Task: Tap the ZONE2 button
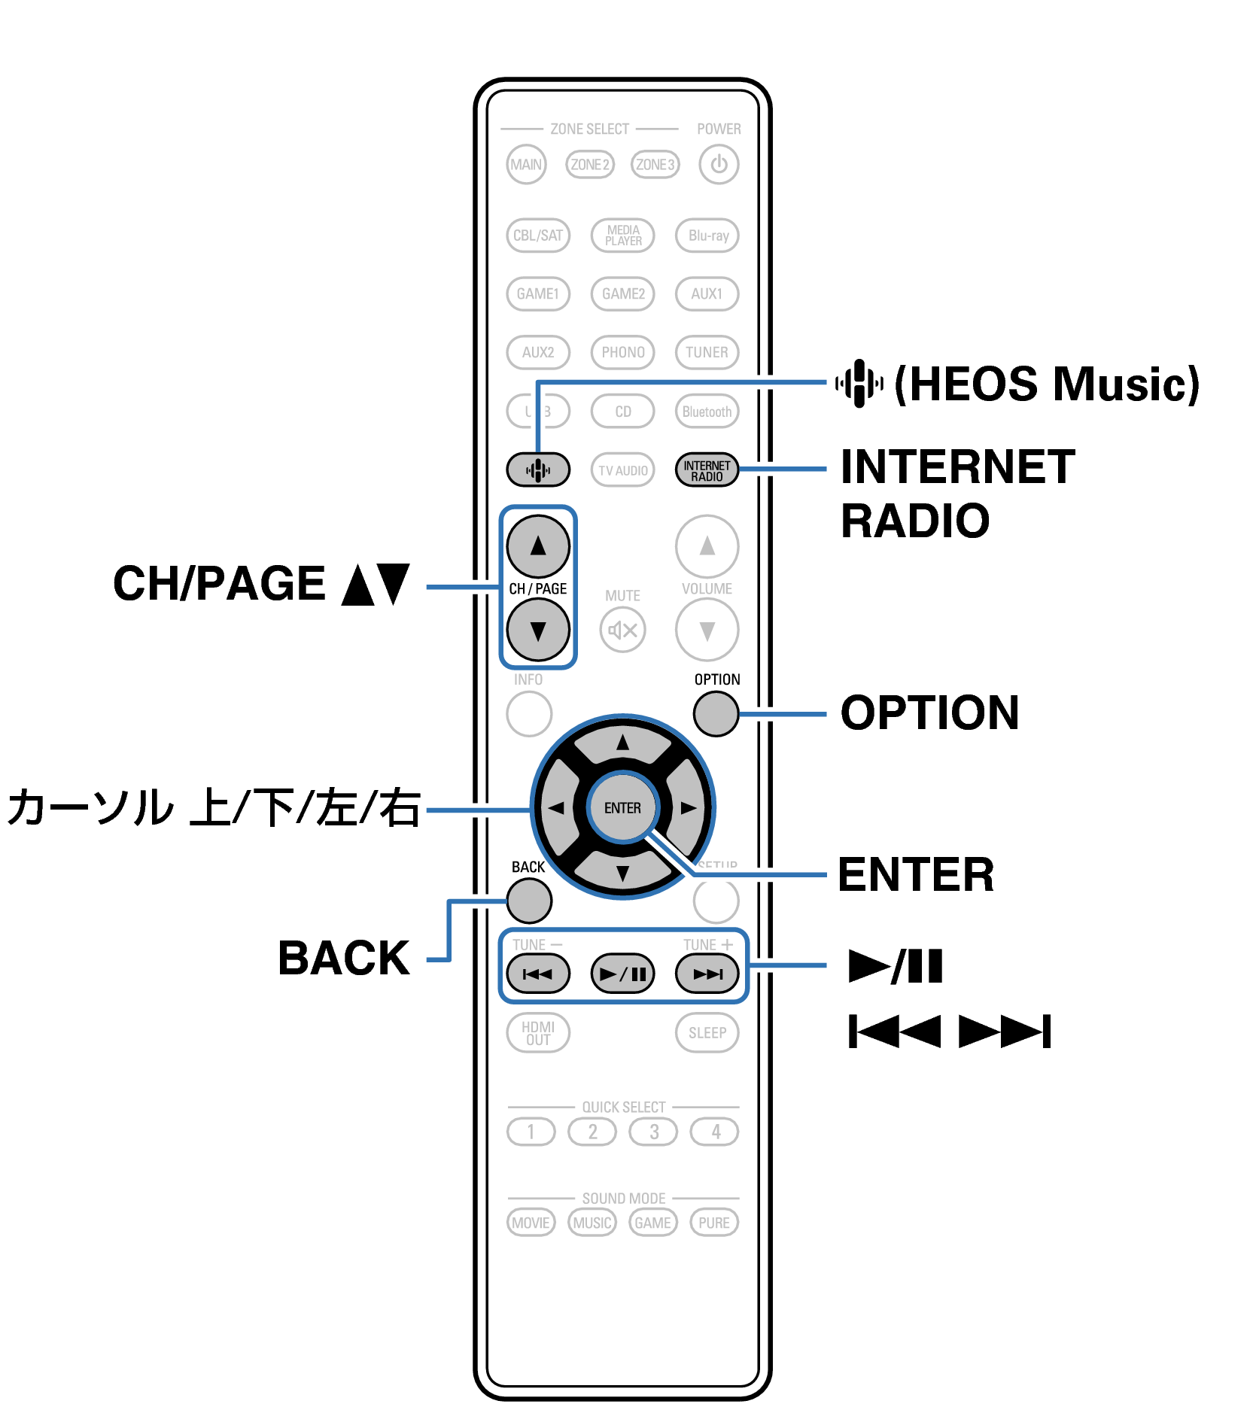click(x=590, y=164)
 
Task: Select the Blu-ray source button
click(x=707, y=235)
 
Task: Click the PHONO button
click(x=622, y=352)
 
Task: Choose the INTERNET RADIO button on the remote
click(x=707, y=470)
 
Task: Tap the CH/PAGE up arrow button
click(x=538, y=545)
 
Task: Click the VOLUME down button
click(x=707, y=630)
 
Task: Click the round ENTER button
click(x=622, y=807)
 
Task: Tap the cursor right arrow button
click(x=687, y=807)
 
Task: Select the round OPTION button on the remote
click(x=716, y=713)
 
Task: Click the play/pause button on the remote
click(x=622, y=974)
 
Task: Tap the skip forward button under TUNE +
click(x=707, y=974)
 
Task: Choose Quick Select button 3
click(x=653, y=1132)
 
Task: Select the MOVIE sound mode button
click(x=531, y=1223)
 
